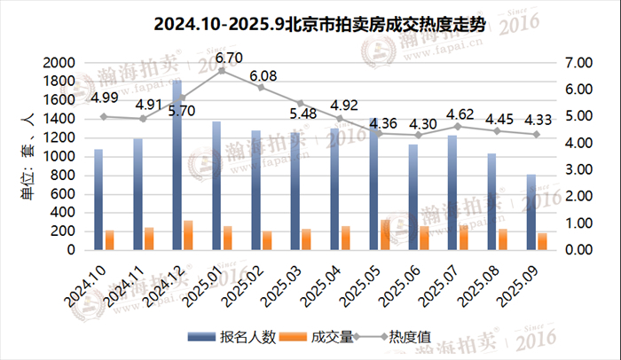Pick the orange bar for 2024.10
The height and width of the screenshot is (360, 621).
click(x=110, y=240)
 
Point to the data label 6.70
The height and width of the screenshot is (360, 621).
click(x=229, y=59)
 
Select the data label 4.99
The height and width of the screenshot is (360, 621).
click(x=104, y=98)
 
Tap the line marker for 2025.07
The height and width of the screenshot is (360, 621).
click(x=458, y=126)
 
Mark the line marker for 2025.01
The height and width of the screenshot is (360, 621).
click(x=222, y=71)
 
